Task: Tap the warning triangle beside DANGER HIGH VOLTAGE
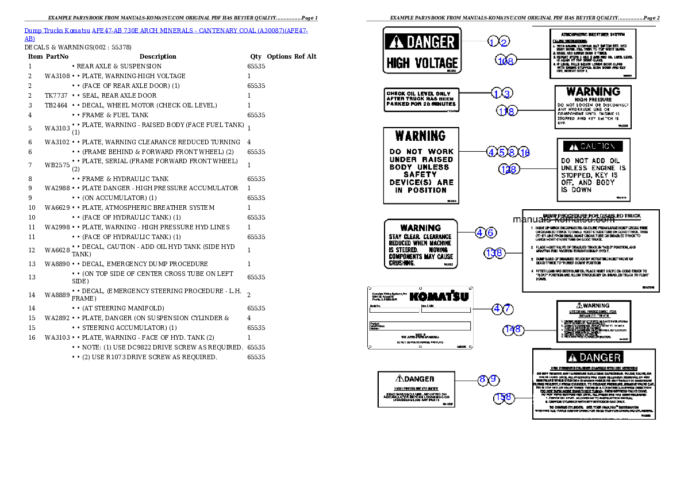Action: (397, 42)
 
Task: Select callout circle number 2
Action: (504, 41)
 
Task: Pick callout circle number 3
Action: (506, 93)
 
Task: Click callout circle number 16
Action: (524, 152)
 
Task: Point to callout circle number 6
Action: (491, 233)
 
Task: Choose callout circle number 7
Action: (508, 309)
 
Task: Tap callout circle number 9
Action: (494, 379)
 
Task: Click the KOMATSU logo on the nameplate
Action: (439, 297)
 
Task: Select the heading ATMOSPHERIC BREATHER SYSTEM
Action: (592, 34)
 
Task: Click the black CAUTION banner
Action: (593, 147)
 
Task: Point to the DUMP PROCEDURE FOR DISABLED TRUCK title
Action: (592, 216)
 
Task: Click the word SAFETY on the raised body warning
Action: (421, 174)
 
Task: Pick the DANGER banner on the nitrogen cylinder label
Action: (594, 358)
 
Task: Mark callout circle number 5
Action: (502, 152)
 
